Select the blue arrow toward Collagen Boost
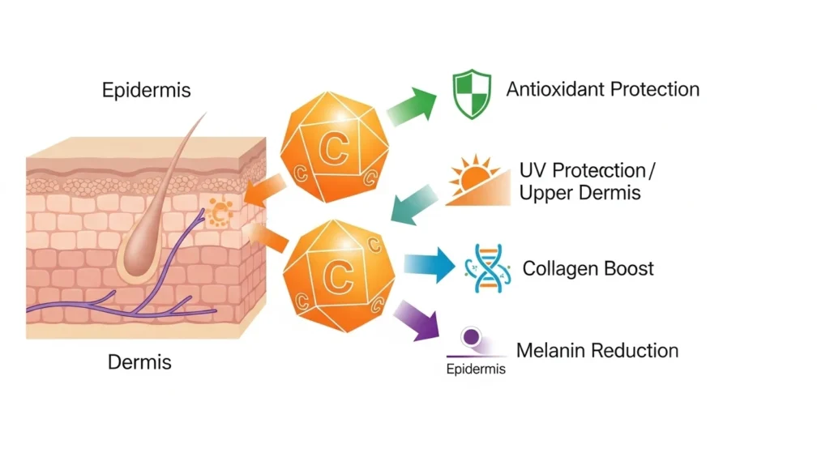click(x=428, y=264)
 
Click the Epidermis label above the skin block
click(x=147, y=89)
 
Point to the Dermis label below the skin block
click(x=139, y=361)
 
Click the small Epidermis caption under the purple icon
click(x=476, y=370)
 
